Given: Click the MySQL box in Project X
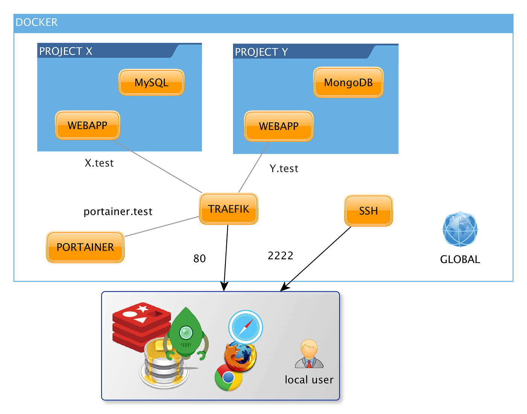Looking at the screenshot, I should click(151, 82).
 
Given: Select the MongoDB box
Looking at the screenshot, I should click(348, 82).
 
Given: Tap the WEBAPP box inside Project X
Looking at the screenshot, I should click(87, 125).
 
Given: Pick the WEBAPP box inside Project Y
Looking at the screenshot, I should click(279, 126).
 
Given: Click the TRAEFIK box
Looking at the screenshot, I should click(228, 209).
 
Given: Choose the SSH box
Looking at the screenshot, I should click(368, 211).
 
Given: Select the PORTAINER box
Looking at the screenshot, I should click(85, 247).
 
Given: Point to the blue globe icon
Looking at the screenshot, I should click(460, 230).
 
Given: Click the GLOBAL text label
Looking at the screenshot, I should click(460, 259).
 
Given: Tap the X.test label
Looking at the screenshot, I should click(99, 163).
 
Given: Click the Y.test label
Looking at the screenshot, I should click(284, 169).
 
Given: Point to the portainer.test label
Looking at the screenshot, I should click(118, 212).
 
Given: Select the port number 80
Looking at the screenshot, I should click(200, 259).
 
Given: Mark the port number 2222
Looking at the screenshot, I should click(280, 256).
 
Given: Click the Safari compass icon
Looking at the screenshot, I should click(245, 327).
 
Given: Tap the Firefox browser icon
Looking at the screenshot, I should click(240, 356).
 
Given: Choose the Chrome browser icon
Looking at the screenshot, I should click(228, 377).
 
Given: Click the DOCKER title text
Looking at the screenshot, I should click(37, 22).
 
